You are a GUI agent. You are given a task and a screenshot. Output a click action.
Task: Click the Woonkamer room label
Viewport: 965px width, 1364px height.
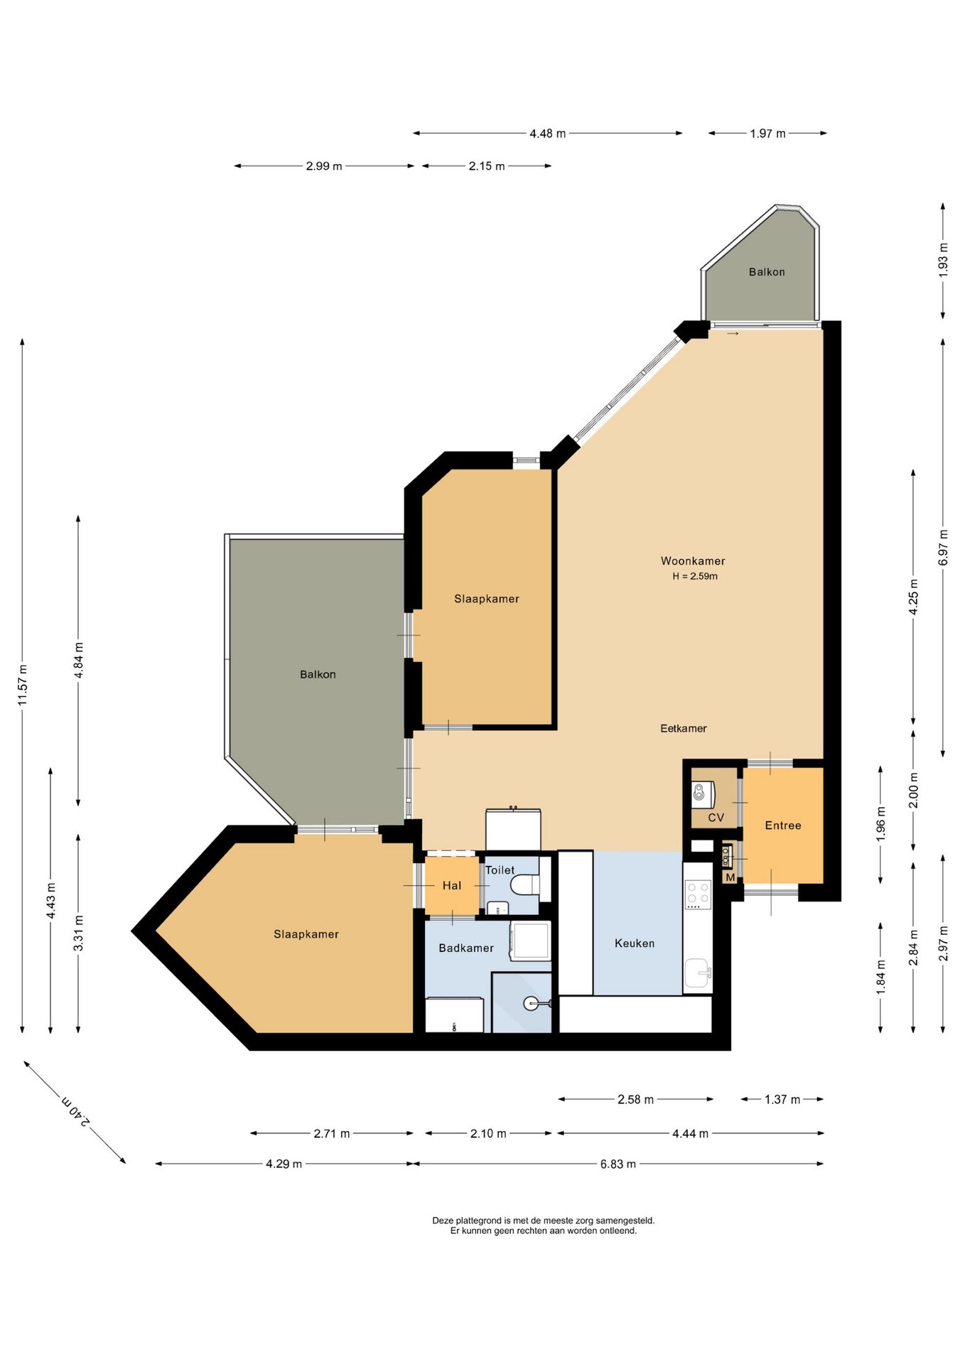[x=693, y=561]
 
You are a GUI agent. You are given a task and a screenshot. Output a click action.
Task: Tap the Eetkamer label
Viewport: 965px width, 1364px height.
[x=684, y=728]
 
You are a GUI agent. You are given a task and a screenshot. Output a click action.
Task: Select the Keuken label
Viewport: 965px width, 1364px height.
[x=635, y=943]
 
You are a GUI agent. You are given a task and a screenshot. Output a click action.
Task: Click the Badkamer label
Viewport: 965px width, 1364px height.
[x=466, y=948]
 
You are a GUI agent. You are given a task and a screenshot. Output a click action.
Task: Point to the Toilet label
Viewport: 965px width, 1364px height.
[x=500, y=870]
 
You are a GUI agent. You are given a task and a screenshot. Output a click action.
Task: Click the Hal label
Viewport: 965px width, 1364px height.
[x=452, y=885]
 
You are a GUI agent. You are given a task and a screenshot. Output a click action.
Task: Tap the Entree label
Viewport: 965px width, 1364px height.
[x=783, y=826]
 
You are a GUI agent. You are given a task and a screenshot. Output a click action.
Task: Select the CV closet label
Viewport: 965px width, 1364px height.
[x=716, y=818]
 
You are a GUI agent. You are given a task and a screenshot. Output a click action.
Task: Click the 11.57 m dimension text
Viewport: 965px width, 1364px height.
[x=23, y=686]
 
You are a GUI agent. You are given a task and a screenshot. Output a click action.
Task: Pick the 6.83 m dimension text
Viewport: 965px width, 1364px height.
[x=618, y=1164]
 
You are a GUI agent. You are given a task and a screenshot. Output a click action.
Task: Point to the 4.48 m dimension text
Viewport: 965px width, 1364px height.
[x=548, y=134]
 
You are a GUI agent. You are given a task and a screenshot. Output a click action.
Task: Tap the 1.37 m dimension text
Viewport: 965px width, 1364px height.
[x=782, y=1100]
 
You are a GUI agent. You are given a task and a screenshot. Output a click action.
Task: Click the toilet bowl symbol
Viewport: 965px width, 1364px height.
[x=526, y=886]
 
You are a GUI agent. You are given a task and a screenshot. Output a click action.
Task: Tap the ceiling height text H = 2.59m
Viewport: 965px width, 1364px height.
[x=695, y=576]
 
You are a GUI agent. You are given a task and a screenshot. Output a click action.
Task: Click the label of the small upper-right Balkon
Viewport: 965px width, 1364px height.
[x=767, y=272]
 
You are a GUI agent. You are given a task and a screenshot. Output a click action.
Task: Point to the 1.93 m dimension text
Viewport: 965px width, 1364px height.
[x=943, y=260]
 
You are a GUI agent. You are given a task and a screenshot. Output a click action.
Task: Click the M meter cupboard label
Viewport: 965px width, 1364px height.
[x=731, y=877]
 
